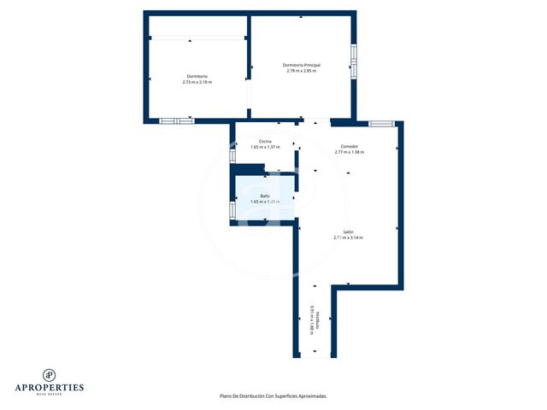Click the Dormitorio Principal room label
301,65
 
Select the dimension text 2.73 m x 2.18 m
197,82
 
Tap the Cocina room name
266,141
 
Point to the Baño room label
266,196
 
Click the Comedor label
350,146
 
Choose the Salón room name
349,231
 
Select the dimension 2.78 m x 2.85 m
301,71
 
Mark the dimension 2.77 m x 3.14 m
349,237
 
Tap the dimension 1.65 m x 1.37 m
266,147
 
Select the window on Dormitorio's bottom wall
177,121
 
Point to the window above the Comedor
381,123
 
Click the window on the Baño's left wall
232,209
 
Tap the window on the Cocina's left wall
232,155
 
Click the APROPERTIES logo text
50,387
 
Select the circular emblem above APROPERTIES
50,373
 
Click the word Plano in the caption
226,396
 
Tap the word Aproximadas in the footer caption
310,396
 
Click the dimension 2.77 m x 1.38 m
350,152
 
